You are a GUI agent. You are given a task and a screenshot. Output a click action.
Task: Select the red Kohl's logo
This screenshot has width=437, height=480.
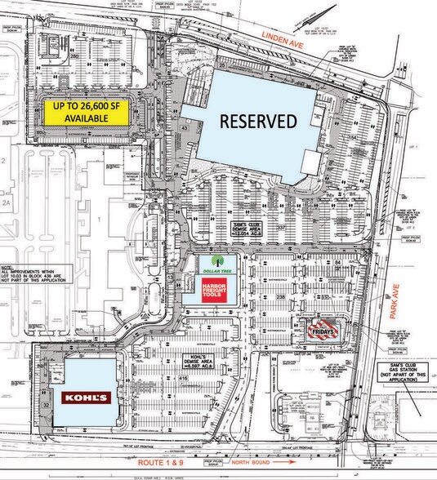coord(84,398)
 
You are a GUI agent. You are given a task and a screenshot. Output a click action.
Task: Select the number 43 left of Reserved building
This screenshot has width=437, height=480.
coord(185,128)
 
